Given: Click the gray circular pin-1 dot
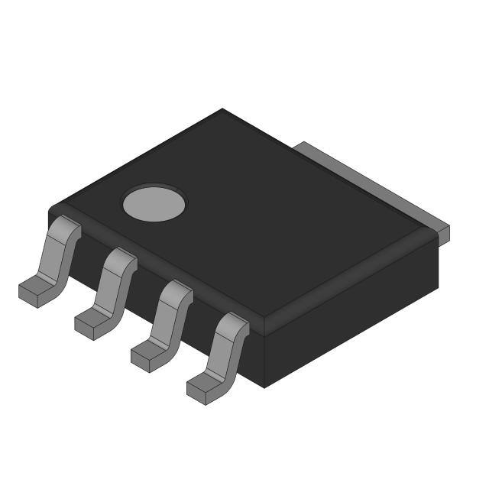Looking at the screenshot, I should [x=154, y=202].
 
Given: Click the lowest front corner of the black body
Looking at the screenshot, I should [x=264, y=387].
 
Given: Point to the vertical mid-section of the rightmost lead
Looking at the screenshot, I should [x=225, y=351].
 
